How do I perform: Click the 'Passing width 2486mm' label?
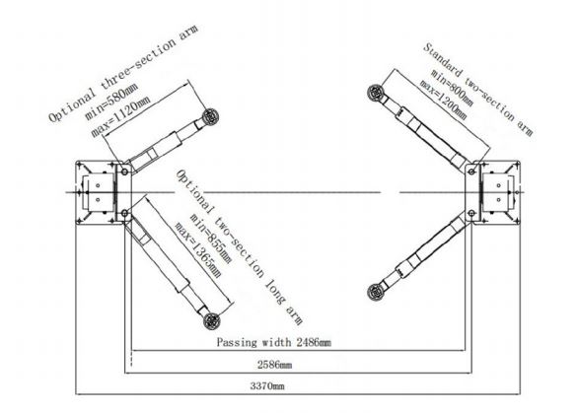click(274, 342)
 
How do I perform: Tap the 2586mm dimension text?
click(274, 365)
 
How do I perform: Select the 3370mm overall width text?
click(267, 386)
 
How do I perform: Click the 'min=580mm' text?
click(111, 102)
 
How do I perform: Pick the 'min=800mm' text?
click(452, 88)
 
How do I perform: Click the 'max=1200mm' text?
click(444, 100)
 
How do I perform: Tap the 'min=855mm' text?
click(210, 239)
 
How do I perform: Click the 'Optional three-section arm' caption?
click(123, 73)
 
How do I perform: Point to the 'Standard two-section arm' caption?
click(478, 90)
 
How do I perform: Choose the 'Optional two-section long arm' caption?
click(240, 247)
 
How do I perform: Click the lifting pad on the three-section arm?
click(210, 116)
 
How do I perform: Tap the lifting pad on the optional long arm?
click(212, 320)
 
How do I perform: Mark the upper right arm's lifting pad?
click(376, 92)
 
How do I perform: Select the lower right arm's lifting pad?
click(376, 292)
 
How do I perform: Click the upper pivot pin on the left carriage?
click(124, 172)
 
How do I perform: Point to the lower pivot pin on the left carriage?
click(124, 213)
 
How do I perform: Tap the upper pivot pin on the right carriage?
click(471, 172)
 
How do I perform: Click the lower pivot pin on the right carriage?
click(471, 213)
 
